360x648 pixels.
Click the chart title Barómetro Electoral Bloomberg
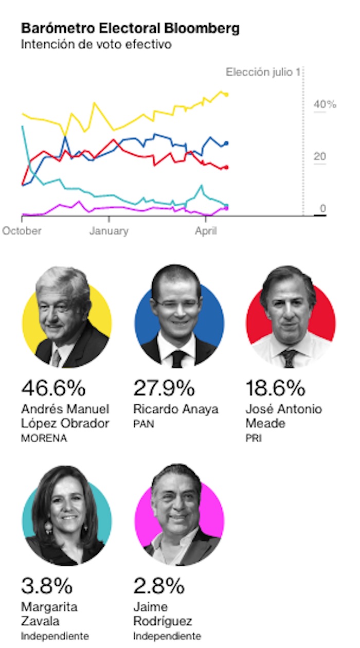(130, 28)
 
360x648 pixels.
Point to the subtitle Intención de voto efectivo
(96, 44)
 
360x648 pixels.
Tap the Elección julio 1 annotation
(263, 72)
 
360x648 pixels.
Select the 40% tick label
(325, 104)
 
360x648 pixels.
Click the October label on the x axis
(22, 231)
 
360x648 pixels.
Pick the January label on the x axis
(109, 231)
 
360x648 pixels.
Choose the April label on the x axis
(206, 231)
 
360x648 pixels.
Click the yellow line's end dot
(226, 95)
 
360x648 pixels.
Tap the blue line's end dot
(226, 143)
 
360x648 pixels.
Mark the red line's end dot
(226, 167)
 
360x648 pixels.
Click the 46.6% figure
(53, 388)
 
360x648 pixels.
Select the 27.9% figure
(164, 388)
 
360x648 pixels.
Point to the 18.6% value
(275, 388)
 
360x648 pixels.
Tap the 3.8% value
(47, 586)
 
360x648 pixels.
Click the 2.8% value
(158, 586)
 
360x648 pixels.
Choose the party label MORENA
(44, 439)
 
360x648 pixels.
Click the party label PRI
(253, 439)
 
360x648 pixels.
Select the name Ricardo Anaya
(175, 409)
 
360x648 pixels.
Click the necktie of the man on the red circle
(289, 357)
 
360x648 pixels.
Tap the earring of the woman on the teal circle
(48, 527)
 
